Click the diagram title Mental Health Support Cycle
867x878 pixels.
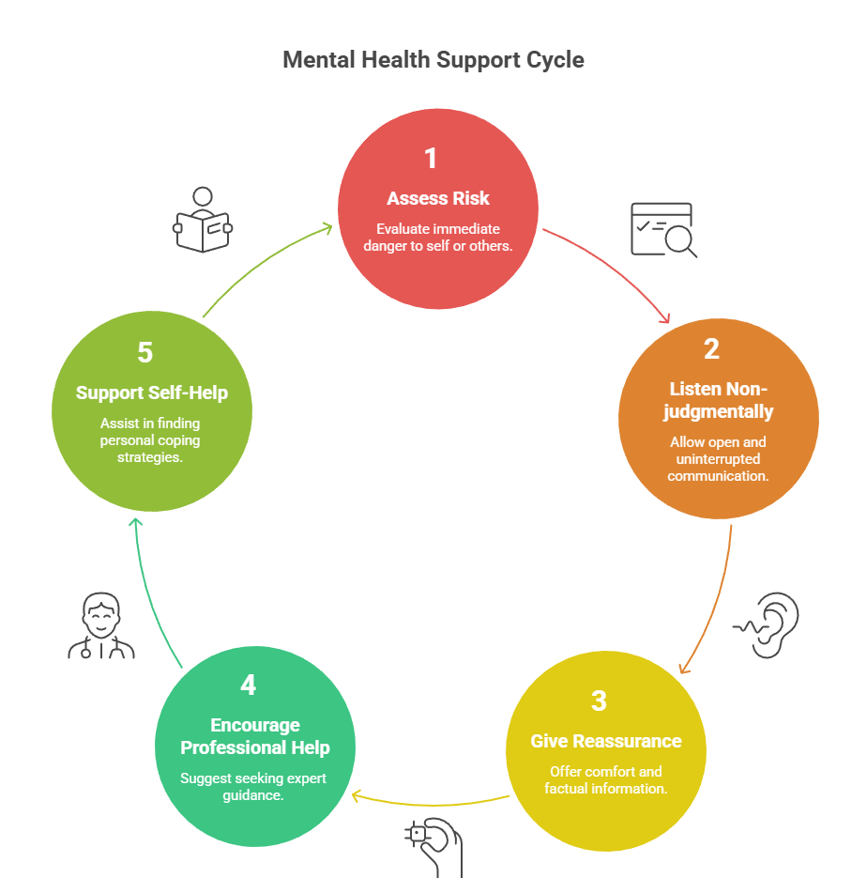point(433,60)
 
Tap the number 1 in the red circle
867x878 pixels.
point(431,159)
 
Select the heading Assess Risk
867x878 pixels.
point(438,198)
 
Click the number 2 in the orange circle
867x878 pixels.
point(712,348)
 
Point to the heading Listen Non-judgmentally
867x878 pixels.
point(718,399)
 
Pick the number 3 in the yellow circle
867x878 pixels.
point(600,701)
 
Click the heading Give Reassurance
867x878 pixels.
point(606,741)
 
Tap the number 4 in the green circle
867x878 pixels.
point(248,685)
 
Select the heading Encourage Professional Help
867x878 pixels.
point(255,736)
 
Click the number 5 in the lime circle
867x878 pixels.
point(144,352)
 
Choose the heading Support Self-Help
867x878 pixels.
point(152,393)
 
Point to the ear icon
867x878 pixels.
point(768,624)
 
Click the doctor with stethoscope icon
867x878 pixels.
point(101,626)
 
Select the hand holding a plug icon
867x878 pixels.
point(433,845)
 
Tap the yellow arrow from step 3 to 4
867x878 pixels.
point(432,804)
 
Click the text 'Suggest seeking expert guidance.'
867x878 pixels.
point(253,786)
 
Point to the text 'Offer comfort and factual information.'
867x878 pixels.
point(606,779)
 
